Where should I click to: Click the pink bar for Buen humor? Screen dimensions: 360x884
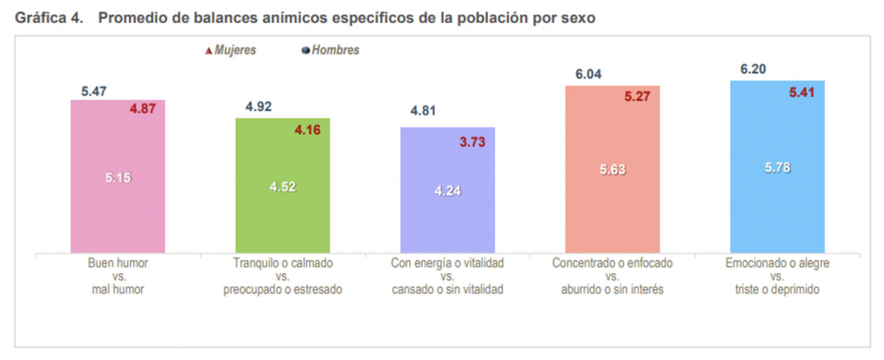(x=118, y=212)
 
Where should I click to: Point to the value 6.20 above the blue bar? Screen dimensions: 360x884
(x=753, y=70)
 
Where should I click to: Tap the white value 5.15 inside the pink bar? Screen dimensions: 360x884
(x=118, y=177)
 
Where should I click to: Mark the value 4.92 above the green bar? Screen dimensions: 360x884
(x=258, y=107)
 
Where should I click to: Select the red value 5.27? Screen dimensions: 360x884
(x=637, y=97)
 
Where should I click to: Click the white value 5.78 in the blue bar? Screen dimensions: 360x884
(x=777, y=168)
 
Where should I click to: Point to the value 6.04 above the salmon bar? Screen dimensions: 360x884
(x=588, y=74)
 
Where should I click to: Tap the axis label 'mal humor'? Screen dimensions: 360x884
(x=118, y=290)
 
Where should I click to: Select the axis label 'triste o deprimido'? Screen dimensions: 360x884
(x=777, y=290)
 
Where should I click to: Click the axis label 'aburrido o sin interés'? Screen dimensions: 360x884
(x=612, y=290)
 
